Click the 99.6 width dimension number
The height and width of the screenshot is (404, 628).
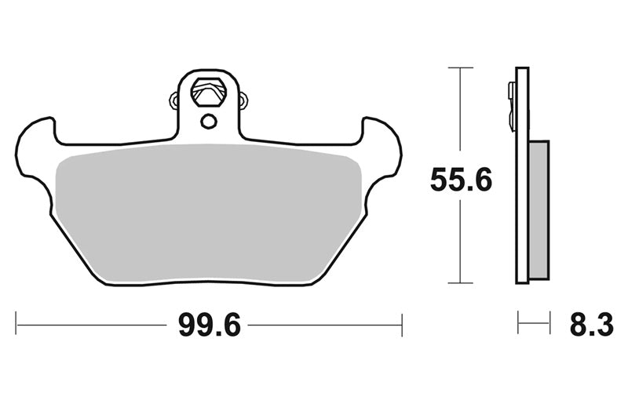coord(210,325)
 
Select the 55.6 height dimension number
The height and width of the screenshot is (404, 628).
coord(461,180)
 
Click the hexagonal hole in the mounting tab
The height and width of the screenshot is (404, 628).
coord(209,92)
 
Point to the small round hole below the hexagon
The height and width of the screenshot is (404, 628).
coord(208,121)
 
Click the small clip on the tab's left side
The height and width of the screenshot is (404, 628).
coord(173,100)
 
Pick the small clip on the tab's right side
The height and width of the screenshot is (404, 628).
coord(243,100)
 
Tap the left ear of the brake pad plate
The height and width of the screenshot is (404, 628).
coord(34,148)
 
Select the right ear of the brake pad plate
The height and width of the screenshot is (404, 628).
coord(382,148)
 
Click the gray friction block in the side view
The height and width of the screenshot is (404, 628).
coord(539,209)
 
